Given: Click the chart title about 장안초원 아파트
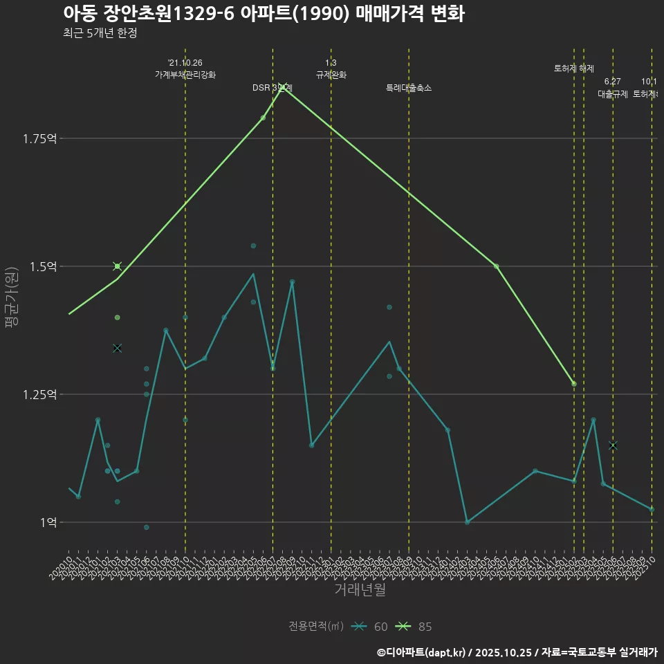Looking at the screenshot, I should tap(263, 14).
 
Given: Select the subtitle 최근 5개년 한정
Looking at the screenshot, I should tap(100, 33).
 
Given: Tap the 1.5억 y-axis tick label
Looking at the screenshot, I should tap(44, 266).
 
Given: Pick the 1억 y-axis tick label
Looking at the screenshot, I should tap(47, 522).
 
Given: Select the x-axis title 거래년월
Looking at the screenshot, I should tap(360, 590).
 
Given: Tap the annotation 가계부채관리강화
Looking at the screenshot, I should tap(185, 75).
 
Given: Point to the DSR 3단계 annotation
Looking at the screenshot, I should tap(272, 88).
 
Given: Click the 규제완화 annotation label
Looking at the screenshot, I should tap(331, 75).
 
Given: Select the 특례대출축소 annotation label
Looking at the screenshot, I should tap(408, 88).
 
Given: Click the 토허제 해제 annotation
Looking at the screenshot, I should tap(573, 68).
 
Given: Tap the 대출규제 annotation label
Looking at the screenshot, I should tap(612, 94).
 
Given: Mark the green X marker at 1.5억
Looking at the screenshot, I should tap(118, 266).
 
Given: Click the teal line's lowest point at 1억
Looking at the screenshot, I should tap(468, 522).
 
